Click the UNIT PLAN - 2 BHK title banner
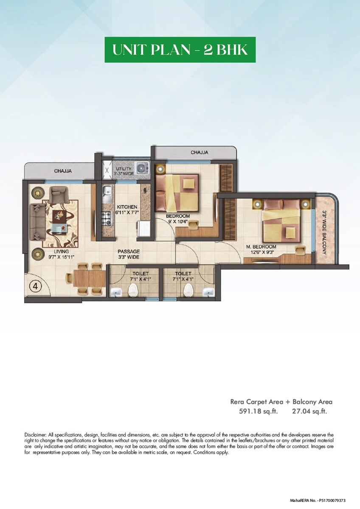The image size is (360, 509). tap(180, 50)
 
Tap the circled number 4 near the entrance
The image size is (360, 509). tap(36, 286)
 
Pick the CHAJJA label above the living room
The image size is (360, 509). tap(63, 171)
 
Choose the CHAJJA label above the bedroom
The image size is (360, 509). tap(199, 152)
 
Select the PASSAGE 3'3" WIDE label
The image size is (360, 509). tap(129, 254)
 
